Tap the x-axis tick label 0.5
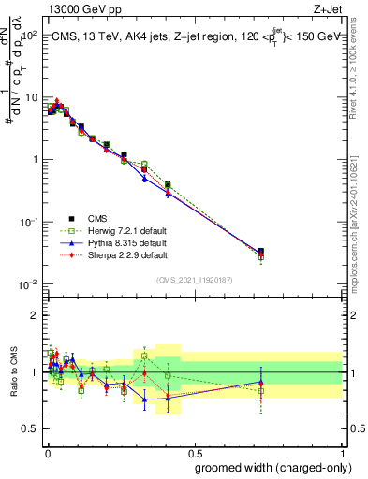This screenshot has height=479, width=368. click(x=194, y=453)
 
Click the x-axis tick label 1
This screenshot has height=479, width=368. click(x=343, y=453)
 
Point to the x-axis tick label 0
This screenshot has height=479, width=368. click(x=47, y=453)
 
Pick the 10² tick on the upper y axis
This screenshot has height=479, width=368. click(x=30, y=36)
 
